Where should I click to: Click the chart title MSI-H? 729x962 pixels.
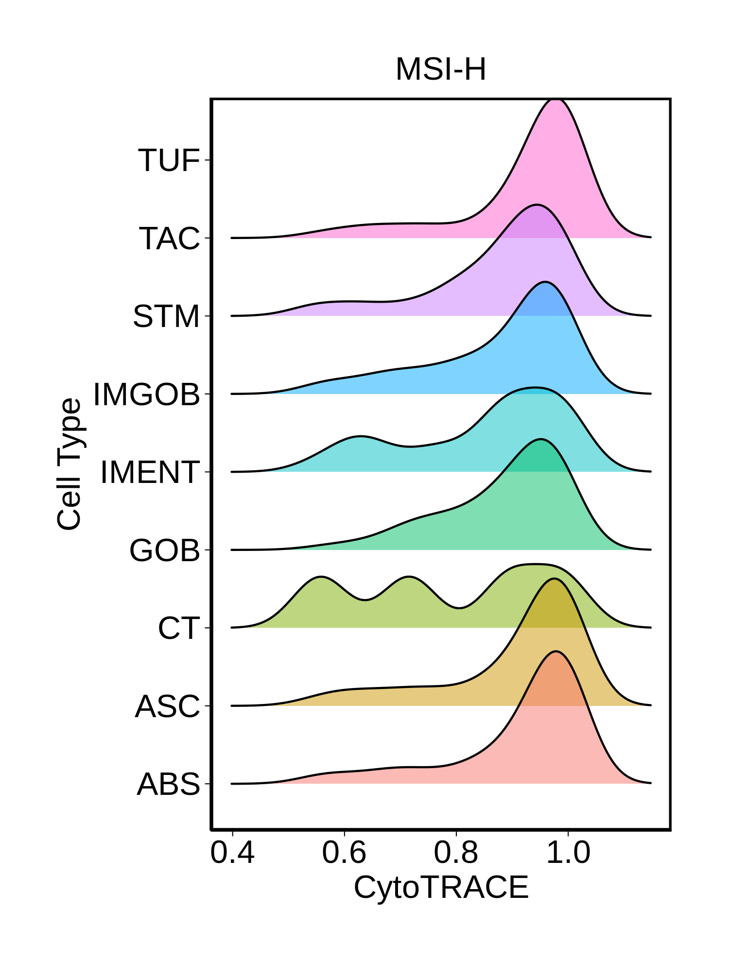440,69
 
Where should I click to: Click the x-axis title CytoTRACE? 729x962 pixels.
441,887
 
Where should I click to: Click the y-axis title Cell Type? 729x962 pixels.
69,464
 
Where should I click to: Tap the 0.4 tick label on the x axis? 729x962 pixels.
232,853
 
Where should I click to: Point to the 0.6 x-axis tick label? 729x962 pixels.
344,853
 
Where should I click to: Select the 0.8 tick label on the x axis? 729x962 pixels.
456,853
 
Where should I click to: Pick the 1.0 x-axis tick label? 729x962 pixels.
568,853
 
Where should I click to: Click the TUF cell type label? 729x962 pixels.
169,160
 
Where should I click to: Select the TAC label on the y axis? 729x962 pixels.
169,239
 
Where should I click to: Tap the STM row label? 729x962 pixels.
166,316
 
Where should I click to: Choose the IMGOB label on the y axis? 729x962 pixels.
147,394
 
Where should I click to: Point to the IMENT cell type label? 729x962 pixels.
150,472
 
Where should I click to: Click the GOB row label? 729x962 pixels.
165,550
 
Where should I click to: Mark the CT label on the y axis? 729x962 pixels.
179,628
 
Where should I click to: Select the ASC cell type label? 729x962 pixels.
167,706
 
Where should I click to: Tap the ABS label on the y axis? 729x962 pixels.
168,784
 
